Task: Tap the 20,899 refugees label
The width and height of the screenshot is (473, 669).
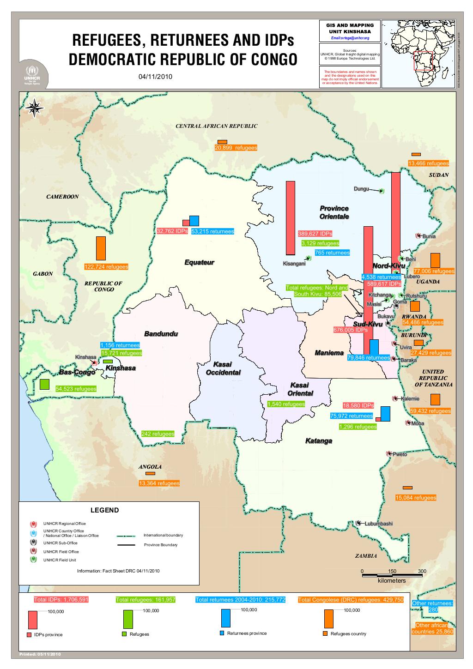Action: click(x=236, y=148)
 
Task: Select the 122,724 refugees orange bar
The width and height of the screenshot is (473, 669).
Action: click(x=101, y=248)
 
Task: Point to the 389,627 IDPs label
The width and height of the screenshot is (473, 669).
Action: click(x=315, y=234)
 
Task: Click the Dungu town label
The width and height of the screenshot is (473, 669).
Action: click(x=361, y=188)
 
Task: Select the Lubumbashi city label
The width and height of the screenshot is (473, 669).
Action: click(x=378, y=524)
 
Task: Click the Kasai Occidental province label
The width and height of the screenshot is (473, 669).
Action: click(x=223, y=368)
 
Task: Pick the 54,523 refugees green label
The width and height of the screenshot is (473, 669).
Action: click(x=76, y=389)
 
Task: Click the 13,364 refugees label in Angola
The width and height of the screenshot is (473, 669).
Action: click(x=159, y=483)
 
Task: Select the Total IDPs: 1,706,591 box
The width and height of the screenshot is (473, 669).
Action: click(x=61, y=599)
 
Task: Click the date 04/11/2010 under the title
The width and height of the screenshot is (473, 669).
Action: click(x=155, y=76)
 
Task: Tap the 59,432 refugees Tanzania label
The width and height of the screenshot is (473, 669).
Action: click(x=430, y=411)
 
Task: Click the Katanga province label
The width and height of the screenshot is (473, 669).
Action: click(x=319, y=441)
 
